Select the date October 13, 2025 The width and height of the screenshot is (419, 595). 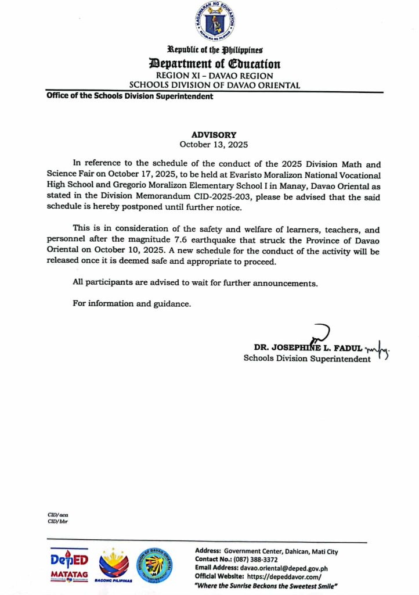coord(209,144)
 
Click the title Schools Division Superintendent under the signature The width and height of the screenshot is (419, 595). coord(306,359)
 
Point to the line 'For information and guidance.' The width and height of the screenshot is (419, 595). coord(131,303)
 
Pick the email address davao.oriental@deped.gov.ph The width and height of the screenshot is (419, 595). coord(283,568)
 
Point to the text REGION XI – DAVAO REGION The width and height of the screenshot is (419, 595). coord(214,76)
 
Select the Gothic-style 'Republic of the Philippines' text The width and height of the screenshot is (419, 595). coord(215,51)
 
